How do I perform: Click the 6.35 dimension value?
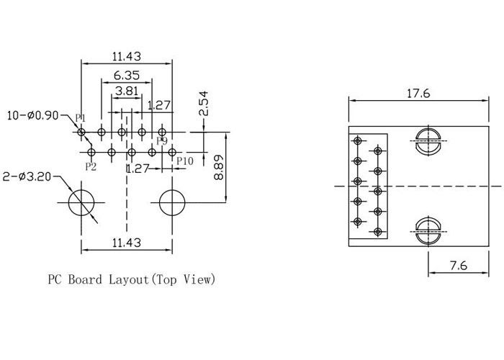(126, 75)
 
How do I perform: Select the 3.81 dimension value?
(126, 91)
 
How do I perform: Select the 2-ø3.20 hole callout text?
(29, 176)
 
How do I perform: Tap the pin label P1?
(81, 117)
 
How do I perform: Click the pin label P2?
(91, 166)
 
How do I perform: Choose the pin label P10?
(184, 161)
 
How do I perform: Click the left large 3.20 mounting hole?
(81, 202)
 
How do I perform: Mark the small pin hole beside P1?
(81, 132)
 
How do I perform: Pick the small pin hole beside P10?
(172, 152)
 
